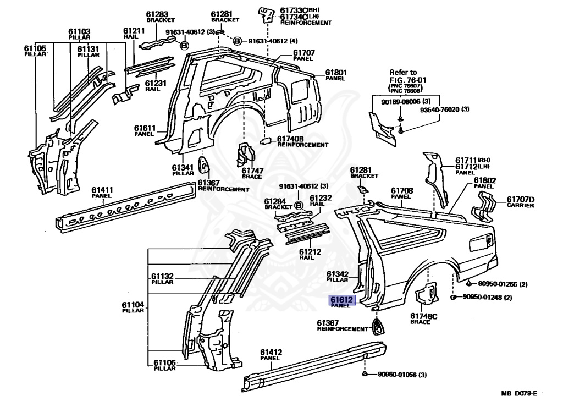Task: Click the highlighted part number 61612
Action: pyautogui.click(x=343, y=299)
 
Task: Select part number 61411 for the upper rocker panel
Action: pyautogui.click(x=102, y=190)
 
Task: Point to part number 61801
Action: pyautogui.click(x=335, y=72)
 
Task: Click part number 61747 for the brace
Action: pyautogui.click(x=252, y=171)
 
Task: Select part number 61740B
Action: pyautogui.click(x=291, y=139)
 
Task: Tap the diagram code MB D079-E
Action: pyautogui.click(x=518, y=393)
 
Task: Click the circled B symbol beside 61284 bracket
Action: pyautogui.click(x=299, y=206)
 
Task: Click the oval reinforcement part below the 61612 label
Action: pyautogui.click(x=379, y=326)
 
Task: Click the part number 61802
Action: pyautogui.click(x=485, y=180)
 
